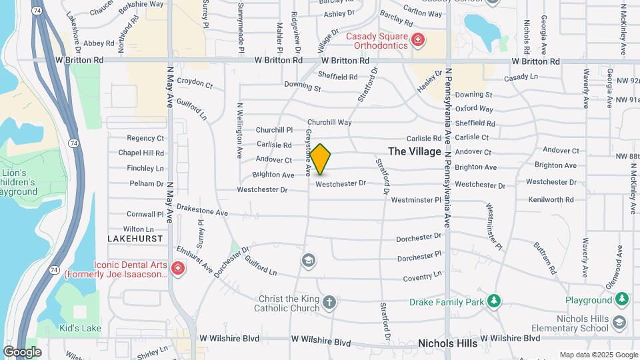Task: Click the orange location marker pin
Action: coord(320,159)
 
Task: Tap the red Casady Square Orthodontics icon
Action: coord(418,41)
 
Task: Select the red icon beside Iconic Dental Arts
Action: coord(177,269)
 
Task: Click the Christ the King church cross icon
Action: coord(328,303)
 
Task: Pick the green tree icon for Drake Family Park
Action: coord(493,301)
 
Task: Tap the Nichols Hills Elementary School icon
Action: coord(619,323)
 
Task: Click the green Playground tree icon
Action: coord(622,299)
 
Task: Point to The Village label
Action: coord(415,151)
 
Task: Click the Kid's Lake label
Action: coord(79,328)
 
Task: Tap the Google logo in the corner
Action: coord(22,351)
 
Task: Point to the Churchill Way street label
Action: coord(329,123)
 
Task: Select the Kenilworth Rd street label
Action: coord(551,199)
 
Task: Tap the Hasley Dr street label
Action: coord(430,82)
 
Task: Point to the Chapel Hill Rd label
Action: coord(141,153)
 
